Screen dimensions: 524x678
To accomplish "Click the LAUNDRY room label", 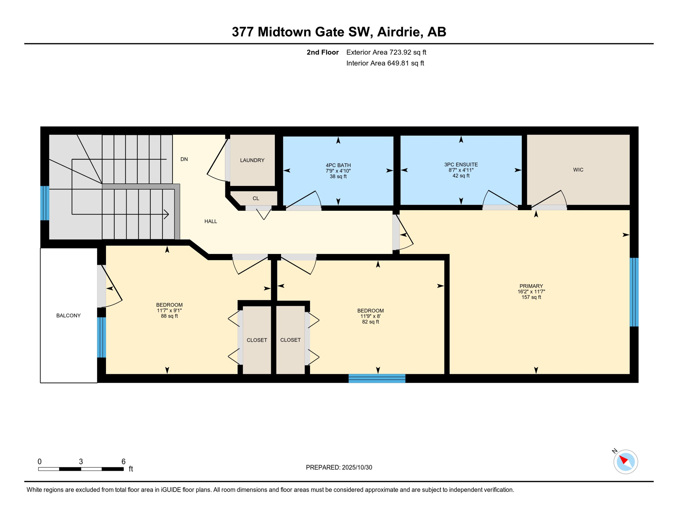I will click(252, 160).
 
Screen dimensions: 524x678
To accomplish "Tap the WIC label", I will click(578, 170).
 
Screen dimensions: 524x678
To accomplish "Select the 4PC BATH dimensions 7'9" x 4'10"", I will click(338, 171).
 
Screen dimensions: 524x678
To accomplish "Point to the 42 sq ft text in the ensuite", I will click(461, 176).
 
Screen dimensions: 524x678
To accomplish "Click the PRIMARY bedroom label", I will click(531, 286).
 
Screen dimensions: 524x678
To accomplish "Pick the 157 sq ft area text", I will click(531, 297).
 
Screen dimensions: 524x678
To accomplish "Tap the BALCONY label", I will click(69, 316).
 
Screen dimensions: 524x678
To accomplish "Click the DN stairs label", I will click(184, 159).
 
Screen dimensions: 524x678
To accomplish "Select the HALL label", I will click(210, 221).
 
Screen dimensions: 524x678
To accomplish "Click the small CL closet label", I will click(256, 199).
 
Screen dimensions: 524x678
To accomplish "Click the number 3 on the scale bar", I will click(81, 462).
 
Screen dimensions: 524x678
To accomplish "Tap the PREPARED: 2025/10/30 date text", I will click(339, 468).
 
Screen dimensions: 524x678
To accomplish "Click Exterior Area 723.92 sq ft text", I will click(386, 52).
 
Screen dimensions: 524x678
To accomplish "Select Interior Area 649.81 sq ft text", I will click(385, 63).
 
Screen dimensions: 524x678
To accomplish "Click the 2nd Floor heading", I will click(322, 52).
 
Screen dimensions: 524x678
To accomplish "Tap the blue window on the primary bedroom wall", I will click(634, 292).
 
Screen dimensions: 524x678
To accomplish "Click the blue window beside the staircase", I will click(45, 203).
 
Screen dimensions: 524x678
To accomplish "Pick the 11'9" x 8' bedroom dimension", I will click(370, 317).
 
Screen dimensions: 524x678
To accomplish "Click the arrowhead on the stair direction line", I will click(167, 214).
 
